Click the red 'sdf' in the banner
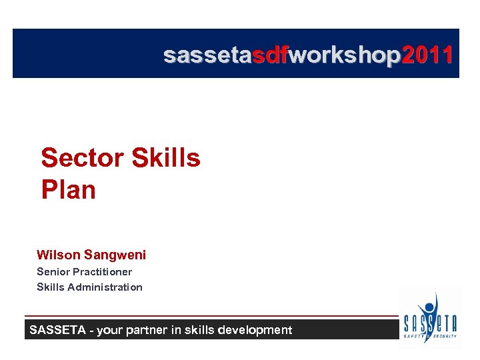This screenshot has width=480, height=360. tap(269, 55)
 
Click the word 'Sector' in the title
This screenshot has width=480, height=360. tap(83, 159)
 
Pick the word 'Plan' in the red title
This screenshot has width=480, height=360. tap(68, 190)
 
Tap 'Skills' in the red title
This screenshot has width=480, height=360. tap(166, 159)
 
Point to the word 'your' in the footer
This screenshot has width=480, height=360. tap(111, 330)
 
